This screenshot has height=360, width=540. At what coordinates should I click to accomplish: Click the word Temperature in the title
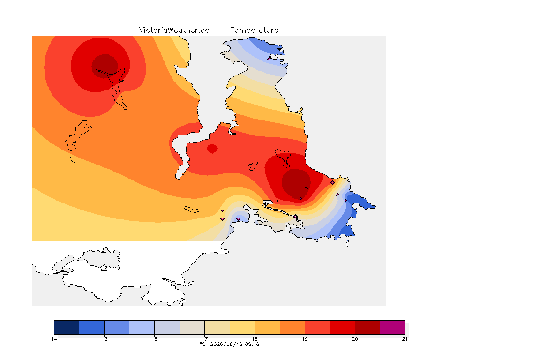(x=254, y=30)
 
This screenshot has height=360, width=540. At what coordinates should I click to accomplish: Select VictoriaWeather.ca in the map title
(x=174, y=30)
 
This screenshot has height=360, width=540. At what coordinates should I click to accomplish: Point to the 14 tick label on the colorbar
(x=54, y=339)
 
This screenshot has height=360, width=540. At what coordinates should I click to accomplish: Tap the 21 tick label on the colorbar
(x=405, y=339)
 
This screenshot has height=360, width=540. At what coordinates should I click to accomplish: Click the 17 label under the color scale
(x=204, y=339)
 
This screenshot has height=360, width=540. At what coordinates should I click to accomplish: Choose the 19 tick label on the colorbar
(x=305, y=339)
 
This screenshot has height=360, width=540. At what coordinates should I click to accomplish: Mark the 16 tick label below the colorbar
(x=154, y=339)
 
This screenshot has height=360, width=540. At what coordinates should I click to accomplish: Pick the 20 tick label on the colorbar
(x=355, y=339)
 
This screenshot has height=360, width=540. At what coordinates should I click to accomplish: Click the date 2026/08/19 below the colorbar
(x=225, y=344)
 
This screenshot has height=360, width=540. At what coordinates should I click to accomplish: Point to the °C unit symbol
(x=203, y=344)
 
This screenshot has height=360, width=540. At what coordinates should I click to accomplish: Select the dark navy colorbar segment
(x=67, y=327)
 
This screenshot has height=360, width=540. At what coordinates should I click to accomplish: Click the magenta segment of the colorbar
(x=393, y=327)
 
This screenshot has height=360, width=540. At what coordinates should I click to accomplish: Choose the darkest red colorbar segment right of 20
(x=367, y=327)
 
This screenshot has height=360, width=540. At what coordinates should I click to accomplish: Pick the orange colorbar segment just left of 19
(x=292, y=327)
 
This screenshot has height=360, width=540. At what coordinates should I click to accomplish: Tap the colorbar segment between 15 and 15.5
(x=117, y=327)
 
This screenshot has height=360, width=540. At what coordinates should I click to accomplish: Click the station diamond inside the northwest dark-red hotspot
(x=108, y=69)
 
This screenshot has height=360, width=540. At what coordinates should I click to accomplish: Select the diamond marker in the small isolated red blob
(x=212, y=149)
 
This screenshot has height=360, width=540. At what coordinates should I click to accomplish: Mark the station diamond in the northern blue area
(x=270, y=59)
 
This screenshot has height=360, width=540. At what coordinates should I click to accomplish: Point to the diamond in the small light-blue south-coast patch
(x=238, y=219)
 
